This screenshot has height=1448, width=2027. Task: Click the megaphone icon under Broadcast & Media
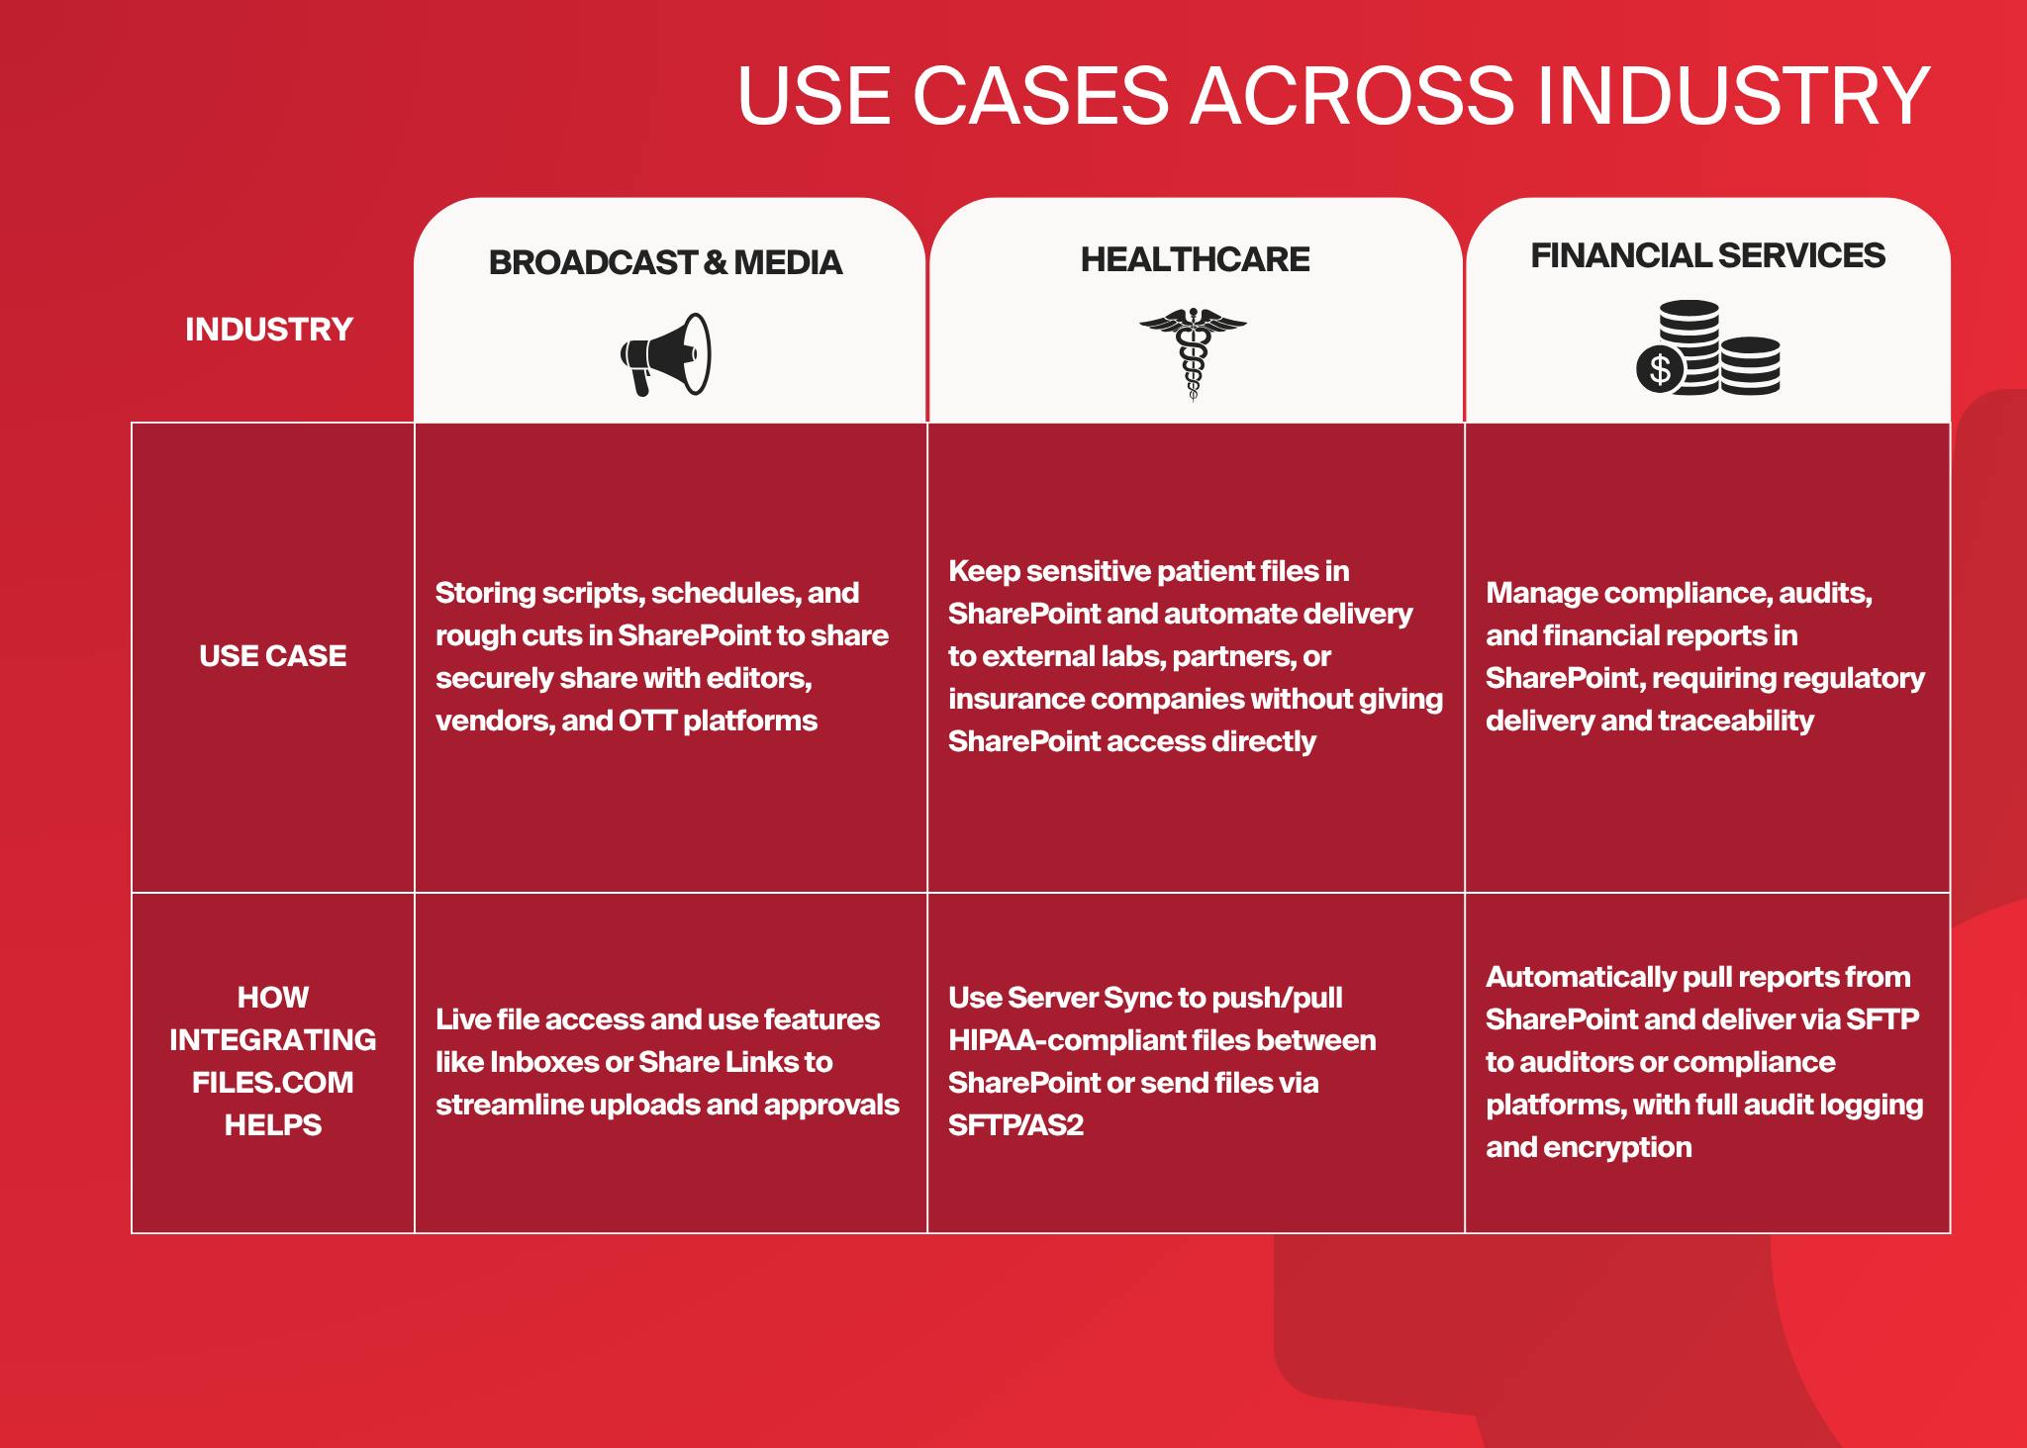tap(665, 355)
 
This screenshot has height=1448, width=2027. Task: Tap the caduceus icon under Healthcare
tap(1193, 353)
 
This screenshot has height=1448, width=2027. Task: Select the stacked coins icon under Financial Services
tap(1707, 347)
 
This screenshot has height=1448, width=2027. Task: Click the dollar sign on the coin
tap(1660, 369)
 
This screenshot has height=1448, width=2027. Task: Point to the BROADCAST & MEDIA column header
tap(665, 262)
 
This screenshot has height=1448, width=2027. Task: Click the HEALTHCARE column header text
tap(1195, 259)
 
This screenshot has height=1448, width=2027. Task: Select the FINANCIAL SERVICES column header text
tap(1707, 255)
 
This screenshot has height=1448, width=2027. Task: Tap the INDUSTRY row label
tap(269, 329)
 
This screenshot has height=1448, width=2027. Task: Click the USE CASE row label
tap(273, 655)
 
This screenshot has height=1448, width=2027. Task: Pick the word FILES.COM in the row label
tap(273, 1082)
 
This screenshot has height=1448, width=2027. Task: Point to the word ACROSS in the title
tap(1351, 96)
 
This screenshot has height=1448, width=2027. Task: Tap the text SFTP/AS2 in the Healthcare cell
tap(1015, 1125)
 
